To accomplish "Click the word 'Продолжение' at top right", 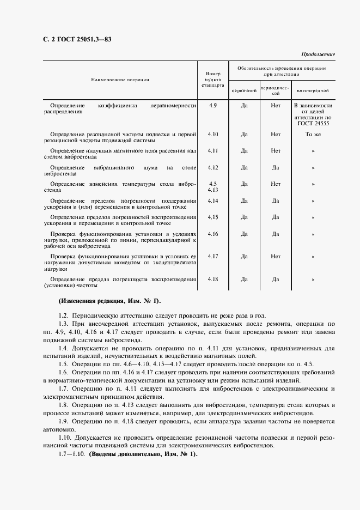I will coord(317,54).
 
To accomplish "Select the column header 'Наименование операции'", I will coord(120,80).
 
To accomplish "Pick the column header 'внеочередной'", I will coord(312,90).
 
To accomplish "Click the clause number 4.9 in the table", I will coord(212,105).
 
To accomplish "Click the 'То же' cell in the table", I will coord(313,133).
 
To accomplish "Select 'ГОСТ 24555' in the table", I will coord(313,124).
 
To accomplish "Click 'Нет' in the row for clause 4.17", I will coord(276,256).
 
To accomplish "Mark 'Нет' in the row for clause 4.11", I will coord(276,150).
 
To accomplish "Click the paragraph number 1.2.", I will coord(63,315).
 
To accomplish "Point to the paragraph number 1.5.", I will coord(63,363).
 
